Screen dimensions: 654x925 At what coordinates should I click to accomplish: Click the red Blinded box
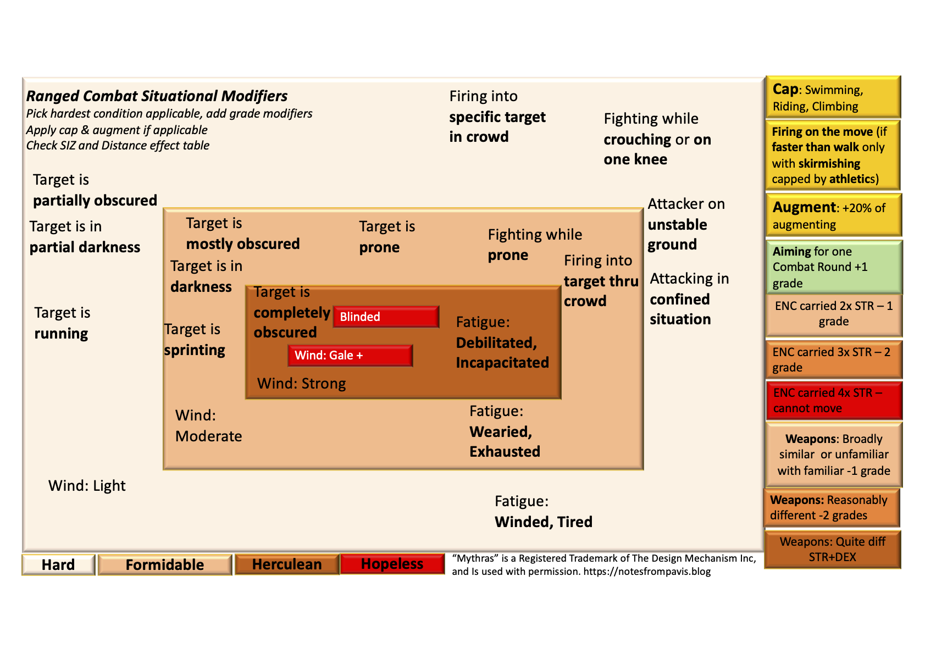(x=386, y=317)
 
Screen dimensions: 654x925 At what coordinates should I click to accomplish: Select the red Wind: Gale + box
(x=350, y=356)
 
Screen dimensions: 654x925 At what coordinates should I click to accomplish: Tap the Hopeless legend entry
(x=392, y=564)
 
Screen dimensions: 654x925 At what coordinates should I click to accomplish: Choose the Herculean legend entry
(x=286, y=564)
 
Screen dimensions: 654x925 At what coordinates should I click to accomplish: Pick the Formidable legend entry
(x=164, y=565)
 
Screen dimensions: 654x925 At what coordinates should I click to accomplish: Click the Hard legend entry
(x=58, y=565)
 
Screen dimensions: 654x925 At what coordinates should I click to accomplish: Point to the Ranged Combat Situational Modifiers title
(x=157, y=96)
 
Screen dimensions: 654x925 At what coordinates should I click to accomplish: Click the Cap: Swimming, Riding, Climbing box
(x=833, y=98)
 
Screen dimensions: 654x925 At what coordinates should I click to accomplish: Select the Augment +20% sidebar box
(x=833, y=215)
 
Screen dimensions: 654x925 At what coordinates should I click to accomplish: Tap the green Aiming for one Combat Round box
(x=833, y=267)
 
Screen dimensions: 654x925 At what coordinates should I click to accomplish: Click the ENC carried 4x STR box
(x=833, y=401)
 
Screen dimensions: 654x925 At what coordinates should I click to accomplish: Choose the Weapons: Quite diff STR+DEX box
(x=832, y=549)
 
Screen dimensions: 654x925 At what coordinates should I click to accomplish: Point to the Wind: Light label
(x=87, y=486)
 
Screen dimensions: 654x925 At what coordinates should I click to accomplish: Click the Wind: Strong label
(x=301, y=384)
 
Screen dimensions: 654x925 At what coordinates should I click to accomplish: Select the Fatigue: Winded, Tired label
(x=543, y=512)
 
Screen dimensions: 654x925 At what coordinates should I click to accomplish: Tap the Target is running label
(x=62, y=323)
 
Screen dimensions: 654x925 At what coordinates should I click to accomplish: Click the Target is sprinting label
(x=195, y=340)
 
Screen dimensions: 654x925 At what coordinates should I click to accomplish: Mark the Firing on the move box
(x=832, y=155)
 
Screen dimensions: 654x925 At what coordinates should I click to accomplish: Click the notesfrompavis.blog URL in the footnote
(x=647, y=572)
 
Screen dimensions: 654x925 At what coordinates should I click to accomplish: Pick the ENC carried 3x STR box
(x=833, y=359)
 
